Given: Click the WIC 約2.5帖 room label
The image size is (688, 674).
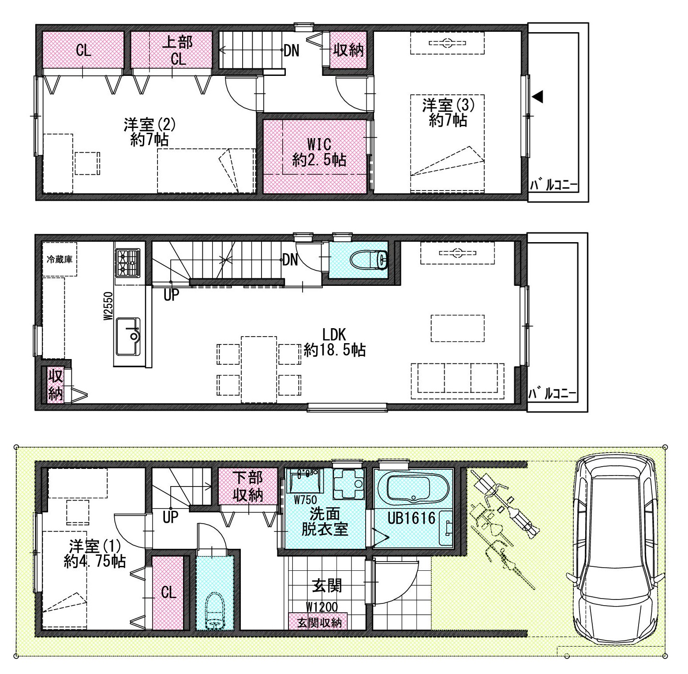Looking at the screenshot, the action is (x=319, y=152).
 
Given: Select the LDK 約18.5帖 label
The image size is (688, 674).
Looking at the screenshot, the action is (x=335, y=342).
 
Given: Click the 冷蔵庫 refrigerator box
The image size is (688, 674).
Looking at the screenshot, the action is (x=60, y=259).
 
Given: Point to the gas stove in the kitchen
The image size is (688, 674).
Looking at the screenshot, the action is (x=127, y=263).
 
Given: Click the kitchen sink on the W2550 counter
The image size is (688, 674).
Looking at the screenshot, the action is (x=128, y=336).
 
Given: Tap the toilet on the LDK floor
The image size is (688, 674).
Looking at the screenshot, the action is (x=370, y=260).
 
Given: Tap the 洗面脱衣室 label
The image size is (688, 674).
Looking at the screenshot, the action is (x=324, y=521).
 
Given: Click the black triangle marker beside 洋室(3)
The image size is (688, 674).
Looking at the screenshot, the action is (x=537, y=97).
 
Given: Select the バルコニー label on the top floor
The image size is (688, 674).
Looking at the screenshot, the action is (x=553, y=185).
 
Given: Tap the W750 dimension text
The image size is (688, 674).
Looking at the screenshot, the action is (x=305, y=500).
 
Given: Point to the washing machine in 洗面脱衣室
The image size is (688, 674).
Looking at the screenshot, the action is (x=347, y=483).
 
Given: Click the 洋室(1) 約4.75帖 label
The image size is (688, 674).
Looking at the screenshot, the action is (x=95, y=554).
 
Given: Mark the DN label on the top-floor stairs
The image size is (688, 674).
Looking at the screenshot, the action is (x=291, y=51).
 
